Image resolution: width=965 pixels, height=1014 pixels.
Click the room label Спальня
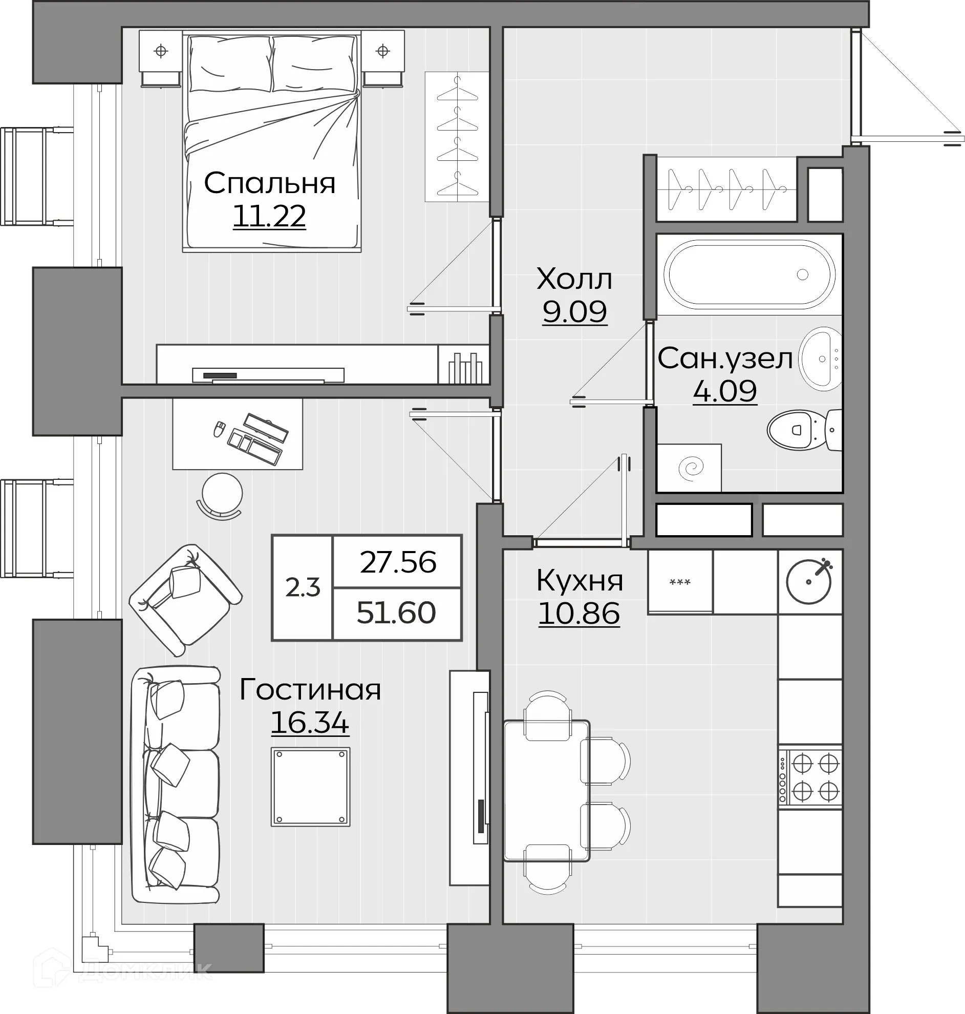point(270,183)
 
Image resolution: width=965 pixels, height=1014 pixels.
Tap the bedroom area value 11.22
point(270,216)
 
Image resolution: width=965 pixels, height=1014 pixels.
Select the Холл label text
point(574,279)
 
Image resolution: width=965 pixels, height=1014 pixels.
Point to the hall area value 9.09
point(574,311)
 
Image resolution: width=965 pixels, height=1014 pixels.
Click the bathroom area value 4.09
point(725,391)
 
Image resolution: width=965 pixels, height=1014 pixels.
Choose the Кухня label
point(580,580)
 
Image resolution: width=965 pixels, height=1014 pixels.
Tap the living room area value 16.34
point(310,722)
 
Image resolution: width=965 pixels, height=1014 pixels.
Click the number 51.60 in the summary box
point(396,612)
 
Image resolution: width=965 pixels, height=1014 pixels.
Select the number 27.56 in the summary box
point(398,562)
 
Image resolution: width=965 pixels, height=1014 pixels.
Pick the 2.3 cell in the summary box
point(303,587)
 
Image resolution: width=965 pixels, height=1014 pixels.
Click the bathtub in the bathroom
point(749,274)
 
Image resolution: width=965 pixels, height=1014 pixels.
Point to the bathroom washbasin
point(820,358)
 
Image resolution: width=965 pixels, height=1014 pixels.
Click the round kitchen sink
point(809,581)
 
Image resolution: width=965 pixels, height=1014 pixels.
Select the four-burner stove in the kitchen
point(810,777)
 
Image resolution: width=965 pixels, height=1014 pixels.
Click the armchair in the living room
point(185,600)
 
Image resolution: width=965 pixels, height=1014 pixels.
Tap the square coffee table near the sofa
point(311,787)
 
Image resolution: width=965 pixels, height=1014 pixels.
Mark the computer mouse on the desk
point(219,429)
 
